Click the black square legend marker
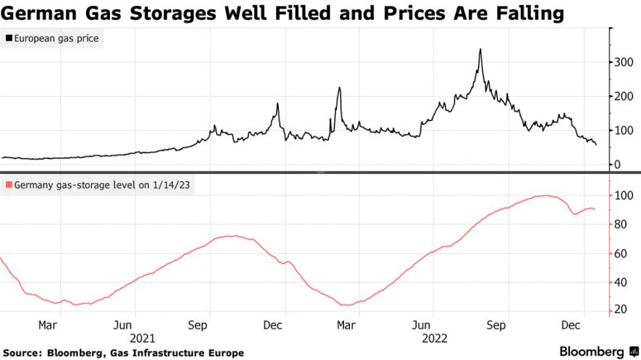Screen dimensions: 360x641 click(x=8, y=38)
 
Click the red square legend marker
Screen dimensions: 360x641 click(x=8, y=183)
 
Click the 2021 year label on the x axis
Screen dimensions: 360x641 click(x=141, y=338)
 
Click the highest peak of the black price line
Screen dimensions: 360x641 click(x=481, y=50)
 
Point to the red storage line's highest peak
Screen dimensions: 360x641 click(x=543, y=195)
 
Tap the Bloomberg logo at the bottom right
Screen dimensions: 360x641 click(x=591, y=351)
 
